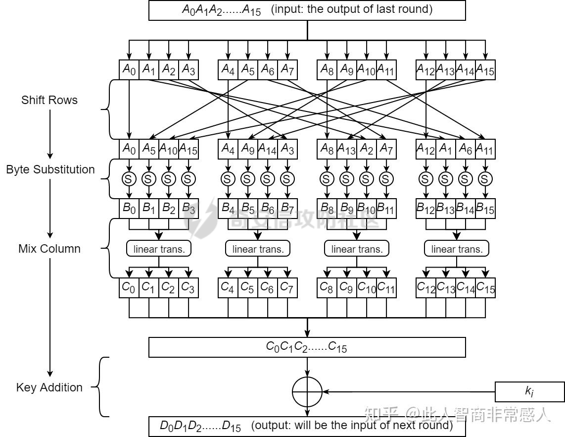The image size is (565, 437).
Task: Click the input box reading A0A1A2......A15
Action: coord(307,10)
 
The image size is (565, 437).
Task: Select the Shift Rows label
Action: coord(49,100)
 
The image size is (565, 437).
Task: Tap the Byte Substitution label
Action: coord(50,169)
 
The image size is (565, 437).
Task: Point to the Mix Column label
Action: coord(49,249)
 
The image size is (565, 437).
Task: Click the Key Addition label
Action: coord(49,387)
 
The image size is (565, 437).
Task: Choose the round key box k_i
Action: coord(529,391)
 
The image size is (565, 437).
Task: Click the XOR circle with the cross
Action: coord(307,391)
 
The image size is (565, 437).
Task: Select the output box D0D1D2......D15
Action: coord(307,426)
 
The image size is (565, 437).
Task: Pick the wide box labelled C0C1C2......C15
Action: coord(307,347)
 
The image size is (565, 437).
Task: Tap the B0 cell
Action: coord(129,209)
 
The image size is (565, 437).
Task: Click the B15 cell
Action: coord(485,209)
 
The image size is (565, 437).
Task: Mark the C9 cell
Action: coord(346,288)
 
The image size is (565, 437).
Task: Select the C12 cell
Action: coord(426,288)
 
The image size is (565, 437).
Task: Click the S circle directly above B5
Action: coord(247,178)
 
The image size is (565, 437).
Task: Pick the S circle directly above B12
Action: coord(426,178)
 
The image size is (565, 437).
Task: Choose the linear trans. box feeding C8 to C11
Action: coord(357,249)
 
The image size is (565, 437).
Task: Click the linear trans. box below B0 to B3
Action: coord(159,249)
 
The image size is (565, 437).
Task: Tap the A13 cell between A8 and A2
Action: coord(346,149)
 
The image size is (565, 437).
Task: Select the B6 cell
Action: coord(267,209)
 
